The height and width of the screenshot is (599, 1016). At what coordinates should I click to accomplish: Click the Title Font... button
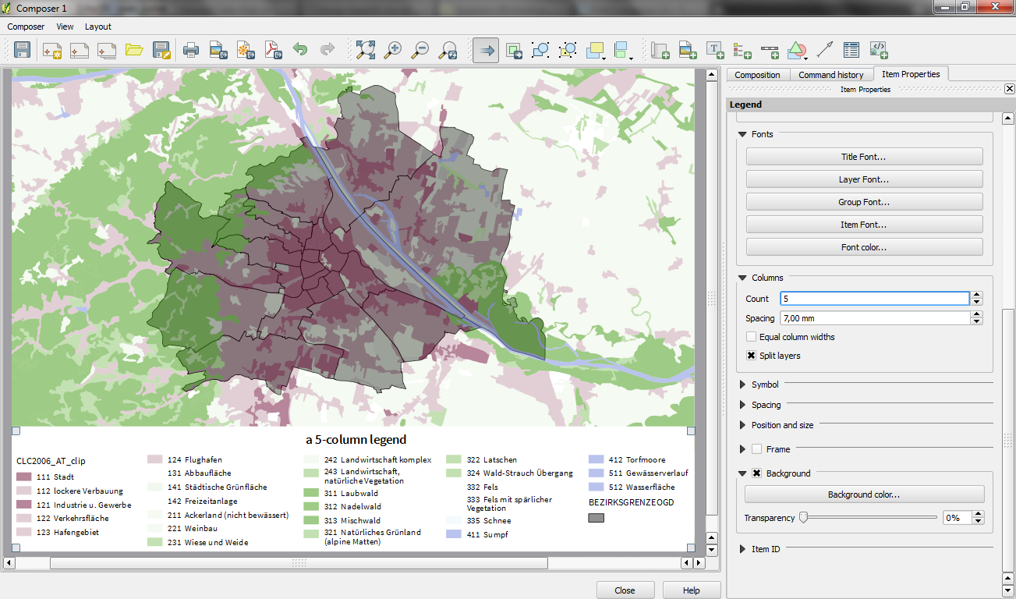864,157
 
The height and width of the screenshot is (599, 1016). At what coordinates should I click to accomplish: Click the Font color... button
864,247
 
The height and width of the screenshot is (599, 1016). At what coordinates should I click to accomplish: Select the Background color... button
864,494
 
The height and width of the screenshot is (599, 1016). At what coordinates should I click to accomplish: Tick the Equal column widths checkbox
752,337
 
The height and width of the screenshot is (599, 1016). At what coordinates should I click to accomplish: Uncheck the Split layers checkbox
752,356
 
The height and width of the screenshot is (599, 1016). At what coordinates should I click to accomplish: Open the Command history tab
830,75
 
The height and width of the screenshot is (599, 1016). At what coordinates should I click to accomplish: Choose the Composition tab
757,75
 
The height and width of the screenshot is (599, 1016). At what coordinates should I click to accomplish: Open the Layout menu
98,27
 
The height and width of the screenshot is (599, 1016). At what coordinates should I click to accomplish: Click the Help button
691,590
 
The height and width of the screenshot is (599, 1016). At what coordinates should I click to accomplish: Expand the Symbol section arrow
743,385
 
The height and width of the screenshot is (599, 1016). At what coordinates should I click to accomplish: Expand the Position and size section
743,425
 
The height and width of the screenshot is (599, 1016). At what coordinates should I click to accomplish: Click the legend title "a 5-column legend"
356,440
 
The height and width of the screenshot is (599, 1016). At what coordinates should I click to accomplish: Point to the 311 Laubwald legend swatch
311,493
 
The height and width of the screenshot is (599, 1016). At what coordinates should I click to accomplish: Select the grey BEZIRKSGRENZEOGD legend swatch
597,518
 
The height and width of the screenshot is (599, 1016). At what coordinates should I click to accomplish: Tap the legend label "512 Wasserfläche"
649,487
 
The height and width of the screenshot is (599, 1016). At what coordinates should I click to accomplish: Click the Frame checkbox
756,449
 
